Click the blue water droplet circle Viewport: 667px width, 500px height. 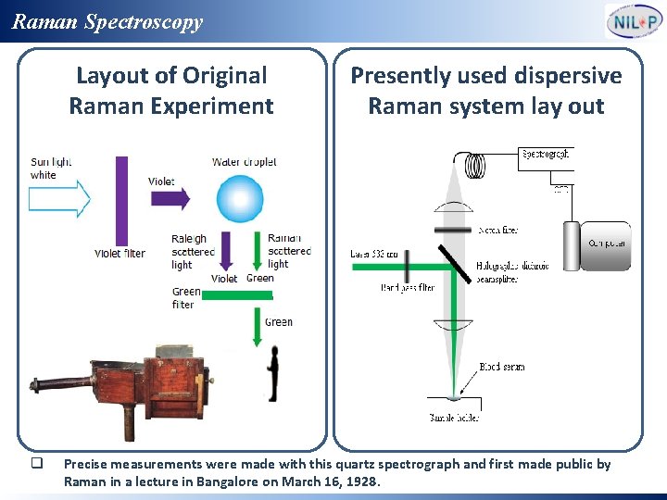tap(240, 198)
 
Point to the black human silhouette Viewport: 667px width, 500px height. tap(272, 372)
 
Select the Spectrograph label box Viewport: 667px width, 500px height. tap(547, 154)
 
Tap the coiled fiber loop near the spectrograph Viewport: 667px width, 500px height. tap(474, 165)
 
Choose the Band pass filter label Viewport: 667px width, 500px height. tap(407, 288)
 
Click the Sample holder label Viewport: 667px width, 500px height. tap(454, 418)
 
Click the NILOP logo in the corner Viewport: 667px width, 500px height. tap(635, 21)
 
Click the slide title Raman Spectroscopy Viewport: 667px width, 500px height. tap(107, 21)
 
